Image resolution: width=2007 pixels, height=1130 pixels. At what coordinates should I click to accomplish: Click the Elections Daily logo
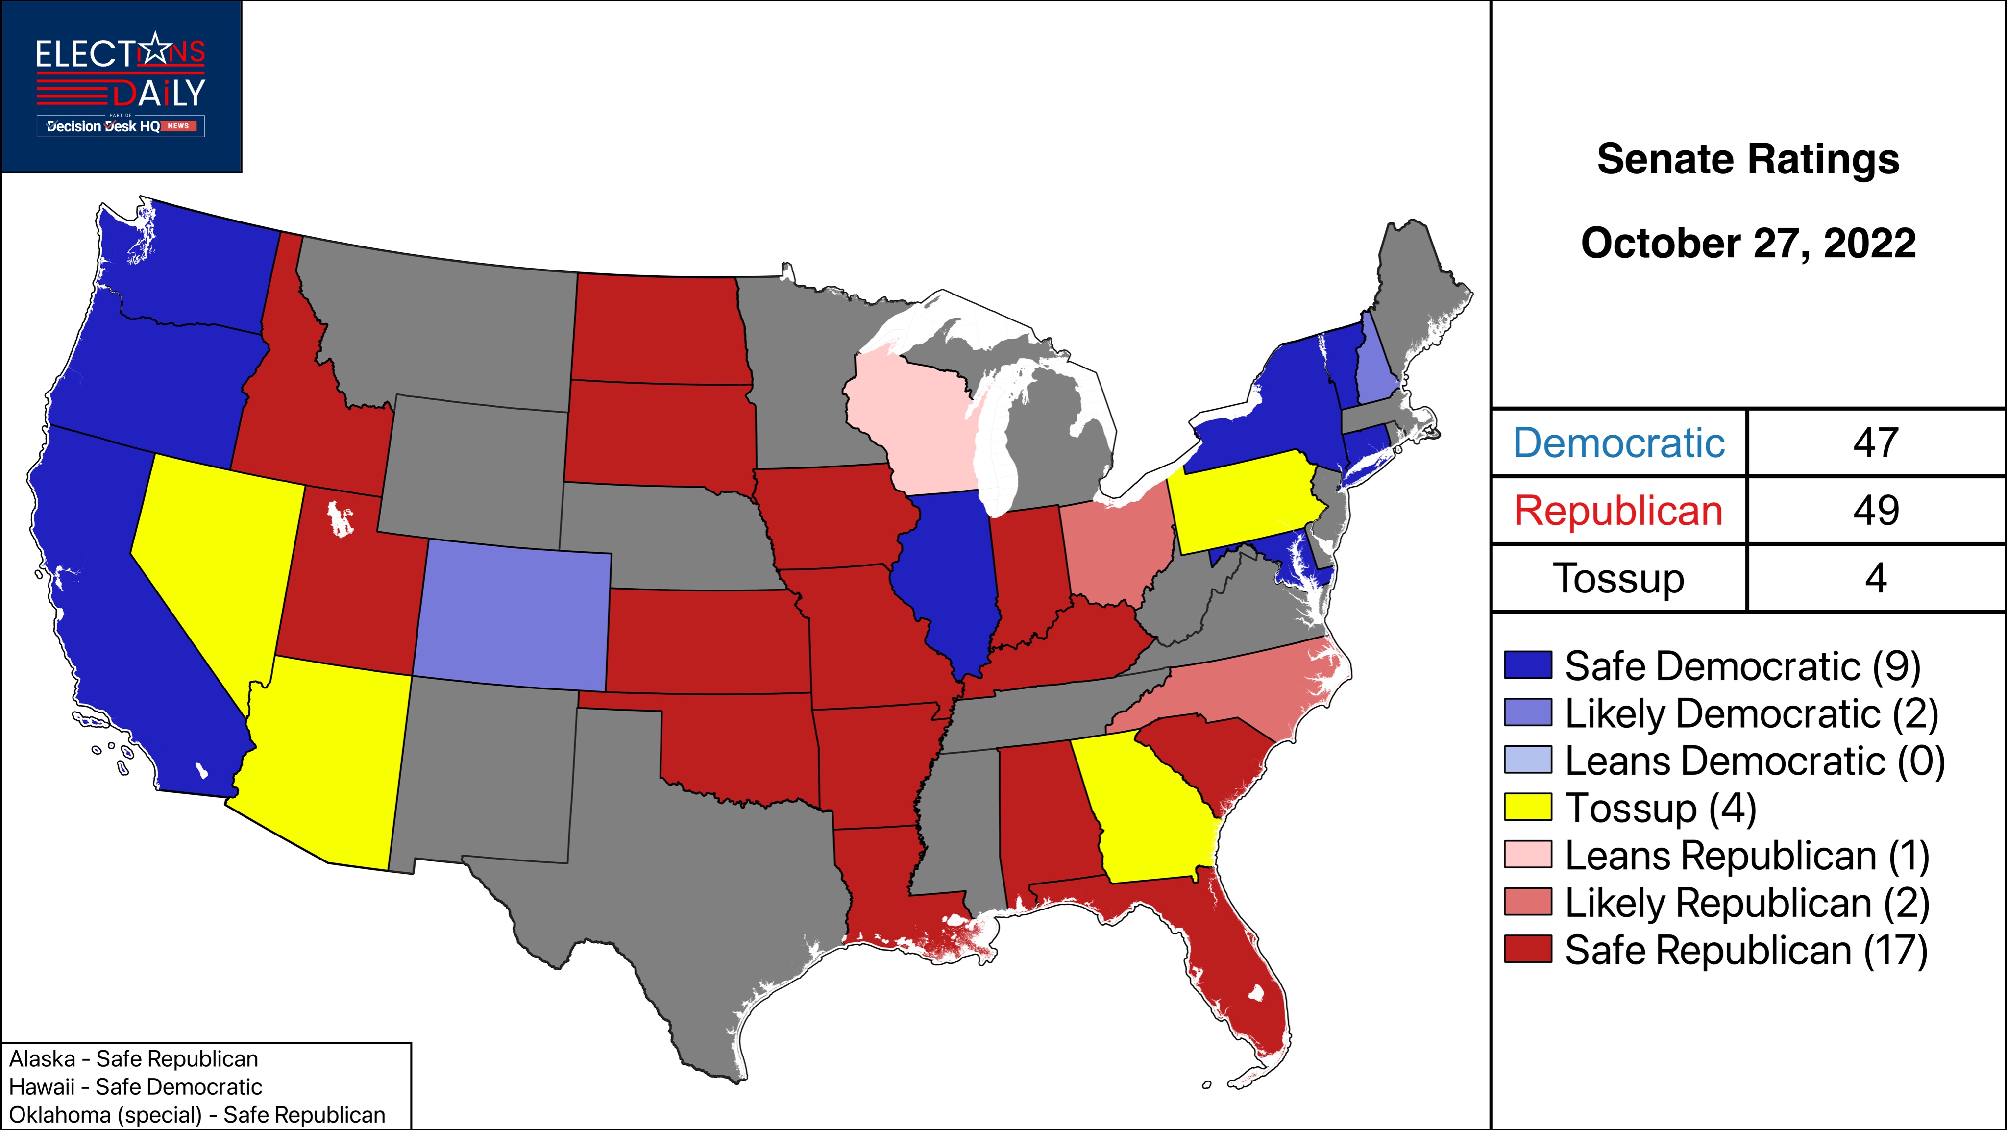(121, 86)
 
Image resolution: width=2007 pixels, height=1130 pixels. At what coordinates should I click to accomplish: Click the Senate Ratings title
(1748, 160)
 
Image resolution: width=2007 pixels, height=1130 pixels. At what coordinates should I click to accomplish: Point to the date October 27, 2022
(1748, 243)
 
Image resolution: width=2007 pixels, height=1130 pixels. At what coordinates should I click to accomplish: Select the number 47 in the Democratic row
(1875, 442)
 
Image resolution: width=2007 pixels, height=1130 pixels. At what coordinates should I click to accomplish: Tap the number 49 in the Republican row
(1875, 511)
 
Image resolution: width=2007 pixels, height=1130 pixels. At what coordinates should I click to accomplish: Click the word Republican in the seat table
(1618, 511)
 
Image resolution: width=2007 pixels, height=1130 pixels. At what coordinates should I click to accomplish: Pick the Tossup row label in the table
(1618, 578)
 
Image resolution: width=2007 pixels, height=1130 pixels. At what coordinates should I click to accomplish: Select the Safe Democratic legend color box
(1527, 665)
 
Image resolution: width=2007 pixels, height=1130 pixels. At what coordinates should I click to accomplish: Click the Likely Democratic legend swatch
(1527, 713)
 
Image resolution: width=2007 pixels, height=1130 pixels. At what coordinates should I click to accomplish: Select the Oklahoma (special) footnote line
(197, 1114)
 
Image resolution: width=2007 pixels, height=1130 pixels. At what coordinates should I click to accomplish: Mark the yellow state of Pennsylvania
(1247, 499)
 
